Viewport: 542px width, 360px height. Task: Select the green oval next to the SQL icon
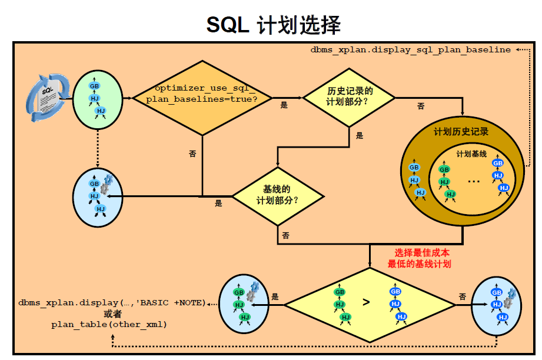pyautogui.click(x=97, y=97)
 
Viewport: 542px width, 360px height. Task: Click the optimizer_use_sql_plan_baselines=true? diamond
pyautogui.click(x=202, y=98)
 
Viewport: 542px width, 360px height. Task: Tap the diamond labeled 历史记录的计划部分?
pyautogui.click(x=350, y=97)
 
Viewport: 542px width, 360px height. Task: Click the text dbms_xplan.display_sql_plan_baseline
pyautogui.click(x=410, y=50)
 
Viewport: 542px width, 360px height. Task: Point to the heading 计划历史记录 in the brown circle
pyautogui.click(x=461, y=132)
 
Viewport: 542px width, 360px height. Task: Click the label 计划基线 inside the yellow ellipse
pyautogui.click(x=471, y=154)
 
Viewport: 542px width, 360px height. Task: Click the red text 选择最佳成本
pyautogui.click(x=422, y=252)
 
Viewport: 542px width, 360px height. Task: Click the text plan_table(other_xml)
pyautogui.click(x=109, y=324)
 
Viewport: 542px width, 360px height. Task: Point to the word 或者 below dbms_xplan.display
pyautogui.click(x=112, y=314)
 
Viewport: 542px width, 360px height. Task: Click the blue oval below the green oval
pyautogui.click(x=97, y=196)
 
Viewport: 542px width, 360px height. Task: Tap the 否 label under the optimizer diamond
pyautogui.click(x=192, y=154)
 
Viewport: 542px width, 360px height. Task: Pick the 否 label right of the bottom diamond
pyautogui.click(x=463, y=296)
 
